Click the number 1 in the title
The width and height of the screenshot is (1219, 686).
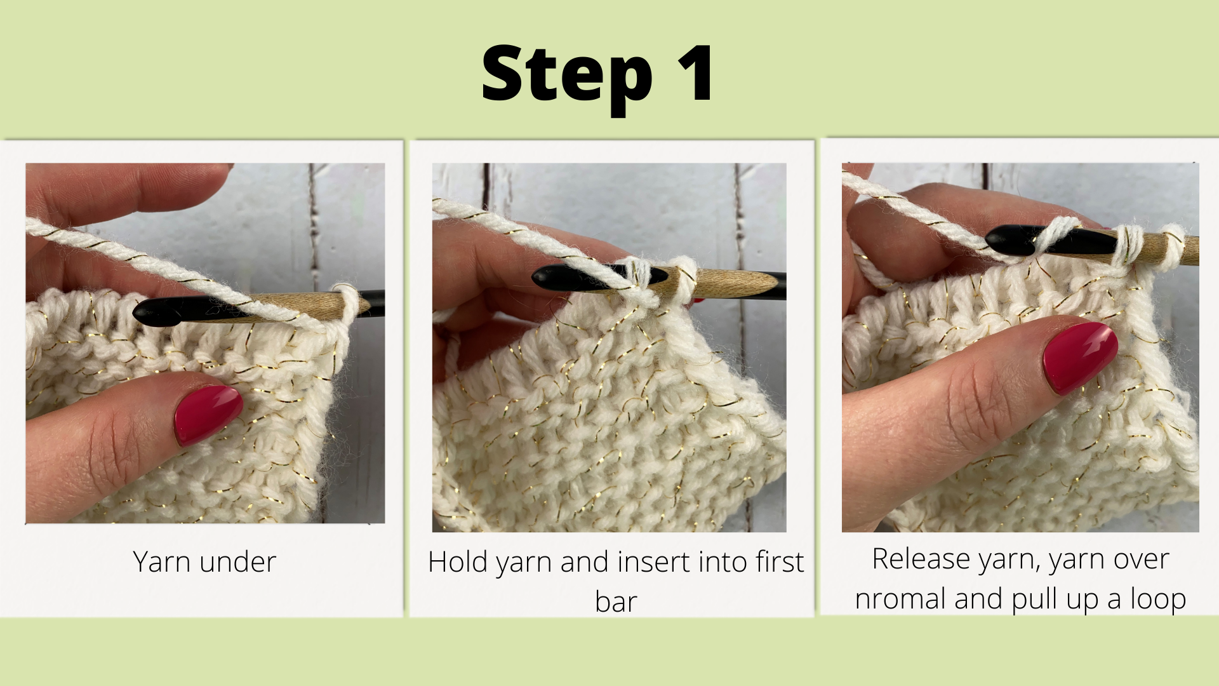(696, 74)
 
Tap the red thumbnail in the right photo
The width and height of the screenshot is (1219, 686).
(1080, 356)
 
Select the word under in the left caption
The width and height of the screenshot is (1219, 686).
(237, 562)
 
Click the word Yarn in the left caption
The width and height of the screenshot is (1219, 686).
(162, 562)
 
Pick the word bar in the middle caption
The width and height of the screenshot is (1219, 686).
(615, 602)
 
